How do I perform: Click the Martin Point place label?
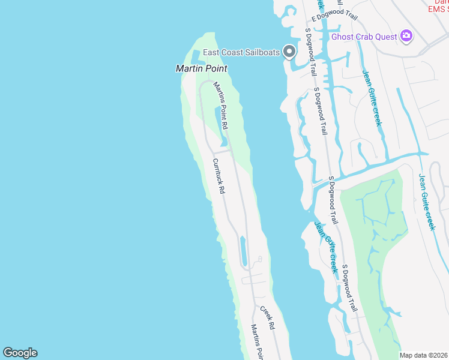(x=201, y=68)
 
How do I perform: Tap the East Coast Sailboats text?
(x=241, y=52)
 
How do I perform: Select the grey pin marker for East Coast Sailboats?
(x=289, y=52)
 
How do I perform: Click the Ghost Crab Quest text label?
(x=364, y=37)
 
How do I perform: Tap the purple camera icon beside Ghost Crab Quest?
(x=406, y=36)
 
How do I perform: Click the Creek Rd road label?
(x=267, y=318)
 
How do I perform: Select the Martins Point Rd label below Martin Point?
(x=220, y=106)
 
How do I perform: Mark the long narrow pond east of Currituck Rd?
(x=243, y=251)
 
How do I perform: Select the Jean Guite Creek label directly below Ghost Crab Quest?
(x=371, y=99)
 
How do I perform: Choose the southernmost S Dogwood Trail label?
(x=349, y=288)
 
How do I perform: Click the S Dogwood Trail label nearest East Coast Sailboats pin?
(x=310, y=50)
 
